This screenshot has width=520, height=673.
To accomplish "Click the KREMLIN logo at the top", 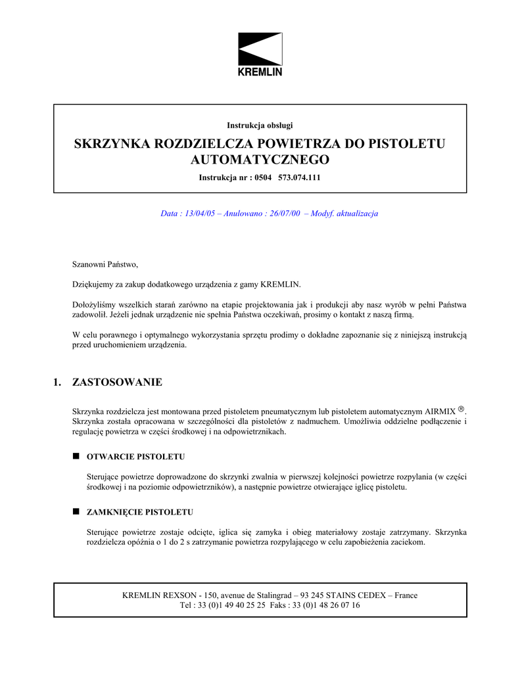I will (x=260, y=54).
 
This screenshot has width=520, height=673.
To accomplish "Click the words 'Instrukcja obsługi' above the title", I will (x=260, y=125).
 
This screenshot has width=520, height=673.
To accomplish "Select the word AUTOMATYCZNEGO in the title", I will (x=260, y=160).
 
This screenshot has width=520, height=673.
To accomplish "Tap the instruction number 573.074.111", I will (x=300, y=177).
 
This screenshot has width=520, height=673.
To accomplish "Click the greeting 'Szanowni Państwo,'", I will (x=105, y=264).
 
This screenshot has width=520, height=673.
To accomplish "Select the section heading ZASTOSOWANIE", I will (x=117, y=382).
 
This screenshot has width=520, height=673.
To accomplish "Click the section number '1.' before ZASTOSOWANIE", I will (x=57, y=382).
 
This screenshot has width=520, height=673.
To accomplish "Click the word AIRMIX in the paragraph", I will (x=440, y=411).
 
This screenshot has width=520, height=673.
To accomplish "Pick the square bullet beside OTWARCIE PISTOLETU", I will (x=76, y=455).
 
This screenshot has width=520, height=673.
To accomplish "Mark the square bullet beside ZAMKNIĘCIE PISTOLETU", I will (x=76, y=511).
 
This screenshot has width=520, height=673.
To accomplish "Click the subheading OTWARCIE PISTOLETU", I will (x=135, y=455).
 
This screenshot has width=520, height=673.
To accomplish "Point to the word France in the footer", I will (x=406, y=595).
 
